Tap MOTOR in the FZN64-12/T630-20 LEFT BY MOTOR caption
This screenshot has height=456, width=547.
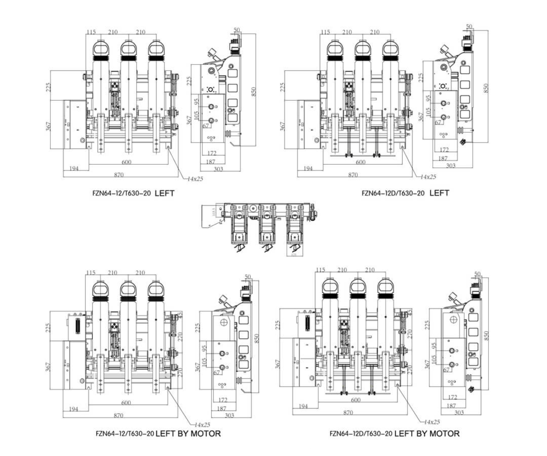[205, 433]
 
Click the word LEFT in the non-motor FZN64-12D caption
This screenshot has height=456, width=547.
[439, 193]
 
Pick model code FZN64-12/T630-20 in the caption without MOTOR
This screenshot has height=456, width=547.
[121, 193]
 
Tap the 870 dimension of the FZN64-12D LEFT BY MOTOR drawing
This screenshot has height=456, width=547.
[348, 412]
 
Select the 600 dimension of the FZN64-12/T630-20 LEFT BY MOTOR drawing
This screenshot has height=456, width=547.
[126, 403]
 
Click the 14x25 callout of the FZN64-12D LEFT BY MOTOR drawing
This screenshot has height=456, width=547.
[432, 422]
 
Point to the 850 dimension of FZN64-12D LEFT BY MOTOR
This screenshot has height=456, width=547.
[486, 335]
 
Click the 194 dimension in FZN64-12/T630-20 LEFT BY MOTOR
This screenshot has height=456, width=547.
[73, 409]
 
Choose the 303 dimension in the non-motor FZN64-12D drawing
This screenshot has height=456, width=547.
[451, 166]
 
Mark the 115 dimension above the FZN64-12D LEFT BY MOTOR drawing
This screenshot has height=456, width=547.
[321, 270]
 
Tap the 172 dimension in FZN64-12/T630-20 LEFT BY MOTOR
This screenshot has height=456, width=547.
[223, 400]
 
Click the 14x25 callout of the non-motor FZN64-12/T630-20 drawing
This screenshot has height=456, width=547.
[195, 179]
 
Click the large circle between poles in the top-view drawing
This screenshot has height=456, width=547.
[253, 209]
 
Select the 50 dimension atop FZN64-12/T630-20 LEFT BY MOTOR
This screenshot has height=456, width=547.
[248, 276]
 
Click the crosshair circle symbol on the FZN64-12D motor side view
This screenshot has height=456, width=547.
[453, 319]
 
